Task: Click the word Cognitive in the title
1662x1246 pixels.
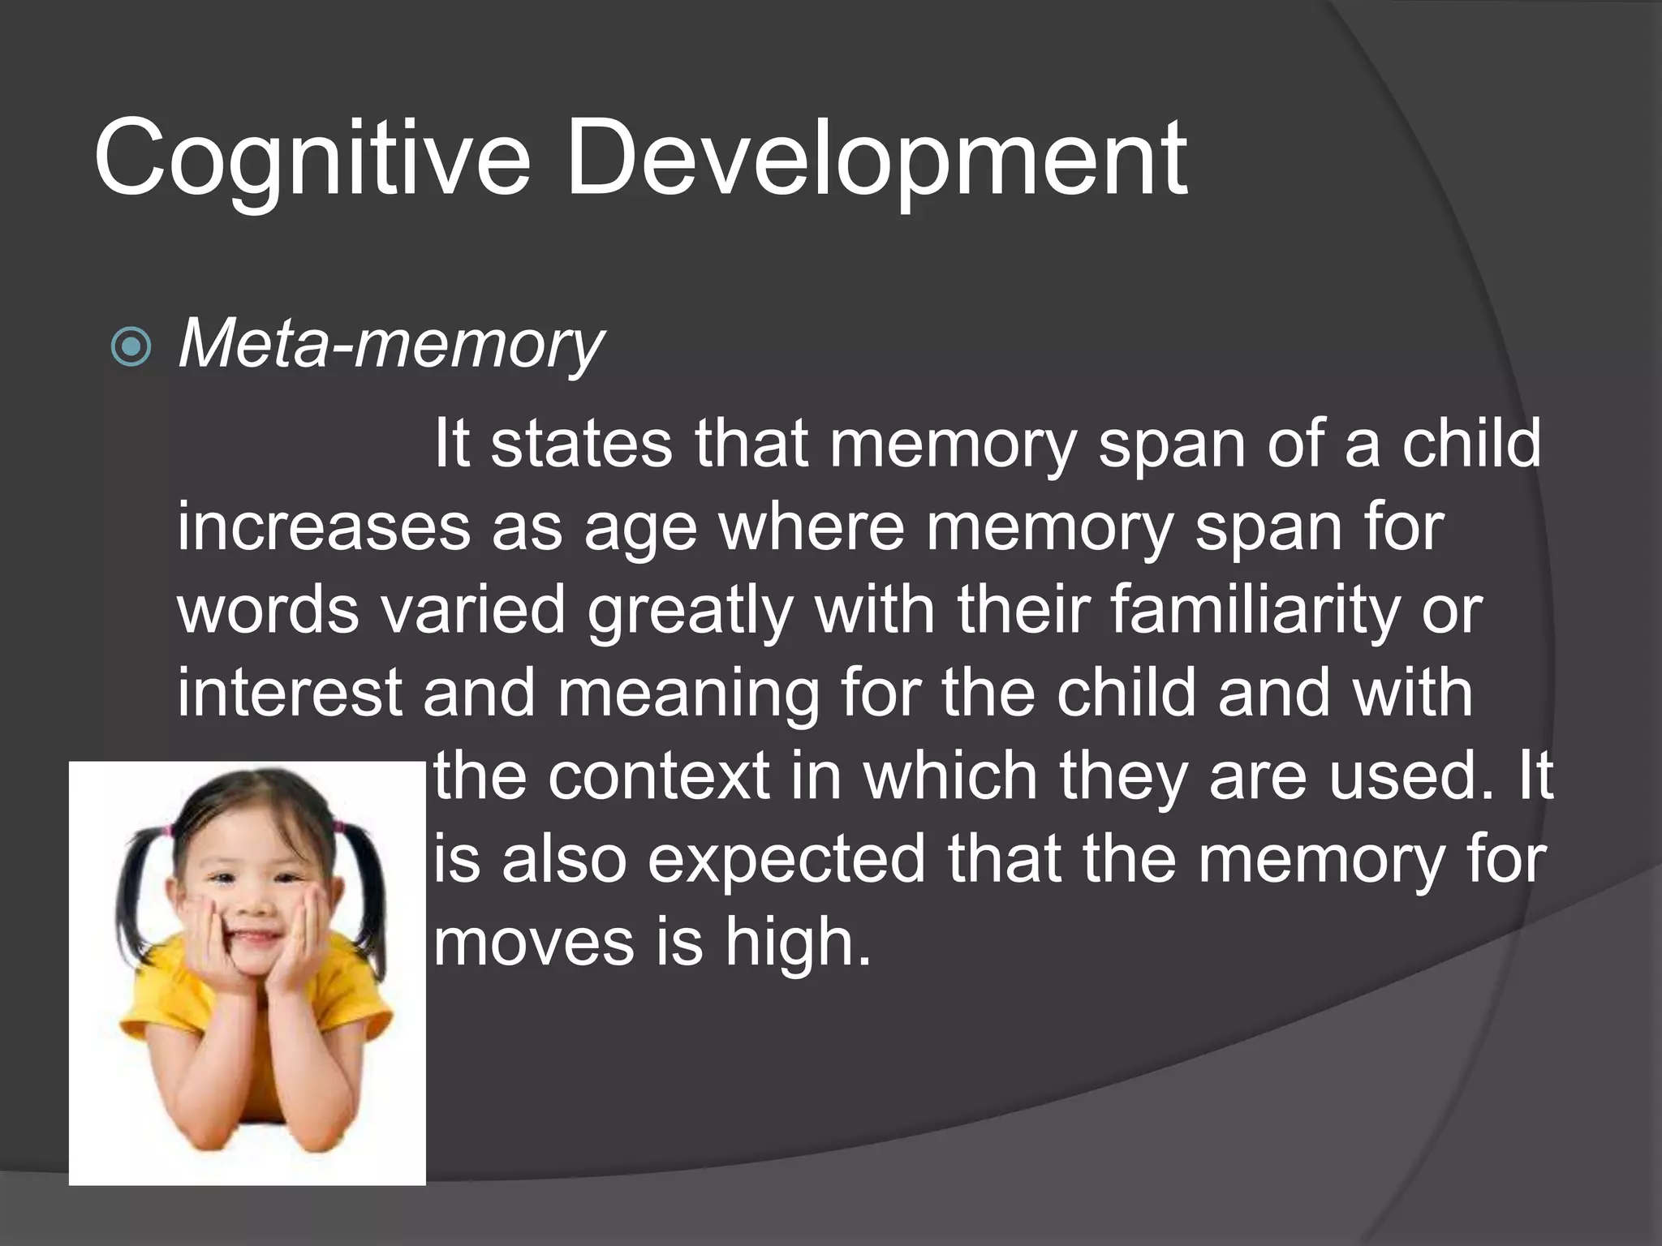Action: tap(312, 158)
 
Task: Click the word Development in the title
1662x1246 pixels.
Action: tap(876, 158)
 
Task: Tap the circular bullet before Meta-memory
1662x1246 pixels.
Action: tap(131, 347)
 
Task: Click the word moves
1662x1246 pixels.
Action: tap(534, 943)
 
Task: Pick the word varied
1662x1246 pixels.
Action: tap(473, 610)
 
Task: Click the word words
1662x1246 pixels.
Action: tap(268, 610)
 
